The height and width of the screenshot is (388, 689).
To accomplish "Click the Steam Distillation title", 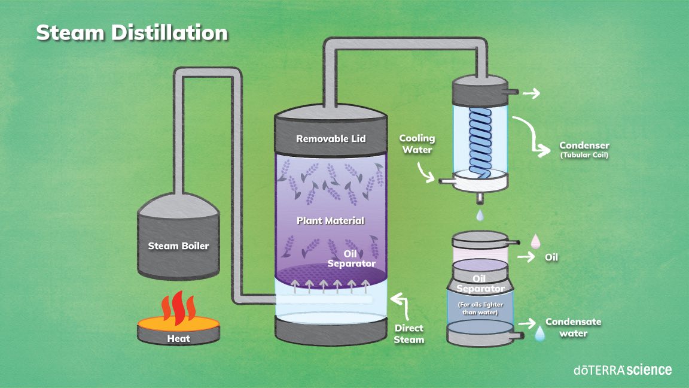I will tap(132, 32).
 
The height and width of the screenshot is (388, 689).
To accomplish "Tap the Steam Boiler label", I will tap(179, 245).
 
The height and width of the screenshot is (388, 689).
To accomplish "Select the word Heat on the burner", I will tap(178, 338).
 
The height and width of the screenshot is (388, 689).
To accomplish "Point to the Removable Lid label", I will tap(331, 139).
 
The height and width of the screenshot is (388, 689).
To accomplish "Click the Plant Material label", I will tap(330, 220).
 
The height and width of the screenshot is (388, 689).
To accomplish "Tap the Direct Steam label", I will tap(409, 334).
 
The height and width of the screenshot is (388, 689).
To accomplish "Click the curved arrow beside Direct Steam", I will tap(402, 305).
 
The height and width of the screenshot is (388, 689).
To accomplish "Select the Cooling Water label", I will tap(417, 144).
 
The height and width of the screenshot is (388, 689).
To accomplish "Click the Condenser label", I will tap(584, 145).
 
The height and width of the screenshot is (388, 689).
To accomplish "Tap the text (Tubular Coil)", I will tap(584, 156).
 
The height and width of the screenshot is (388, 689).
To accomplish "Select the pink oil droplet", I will tap(536, 241).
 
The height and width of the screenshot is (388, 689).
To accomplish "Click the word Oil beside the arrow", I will tap(552, 257).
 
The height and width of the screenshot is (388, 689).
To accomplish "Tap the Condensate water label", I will tap(573, 327).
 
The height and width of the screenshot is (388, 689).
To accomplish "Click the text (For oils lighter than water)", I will tap(480, 308).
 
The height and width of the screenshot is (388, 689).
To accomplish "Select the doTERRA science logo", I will tap(622, 369).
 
